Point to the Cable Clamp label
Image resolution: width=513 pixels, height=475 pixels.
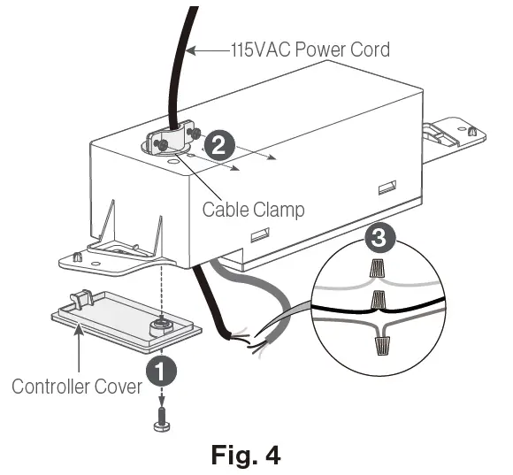point(253,210)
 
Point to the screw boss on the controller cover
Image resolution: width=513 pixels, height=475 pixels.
point(159,326)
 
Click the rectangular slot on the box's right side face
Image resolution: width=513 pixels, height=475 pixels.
point(387,187)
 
